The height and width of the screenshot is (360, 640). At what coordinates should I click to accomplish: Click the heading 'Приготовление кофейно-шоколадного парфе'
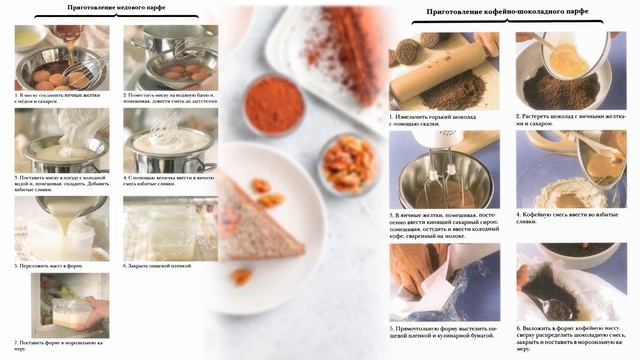[507, 12]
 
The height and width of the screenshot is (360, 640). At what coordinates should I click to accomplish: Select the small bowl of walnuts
[348, 163]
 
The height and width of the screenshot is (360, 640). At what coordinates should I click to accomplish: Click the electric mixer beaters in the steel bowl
[440, 186]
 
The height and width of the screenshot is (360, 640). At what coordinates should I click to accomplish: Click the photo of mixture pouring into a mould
[61, 228]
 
